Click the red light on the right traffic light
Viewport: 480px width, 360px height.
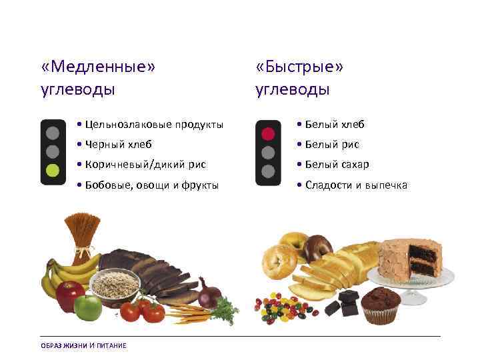pos(268,133)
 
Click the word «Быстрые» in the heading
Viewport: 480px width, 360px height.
pos(299,67)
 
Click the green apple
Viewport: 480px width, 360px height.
pos(87,307)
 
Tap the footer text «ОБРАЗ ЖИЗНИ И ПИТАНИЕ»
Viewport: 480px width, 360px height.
pos(83,345)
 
